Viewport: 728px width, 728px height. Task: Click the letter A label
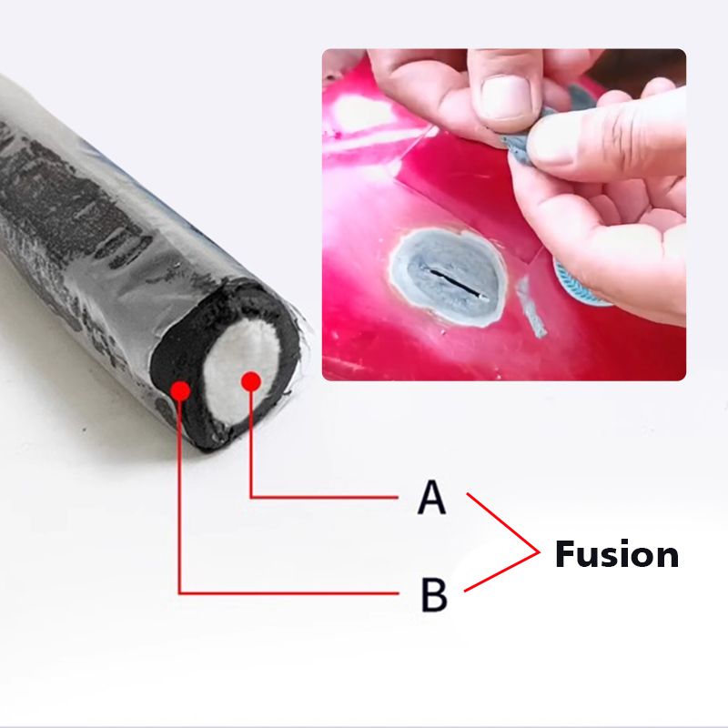pos(432,498)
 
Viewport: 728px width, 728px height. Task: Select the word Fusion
pos(616,554)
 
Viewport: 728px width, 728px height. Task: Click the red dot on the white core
pos(251,381)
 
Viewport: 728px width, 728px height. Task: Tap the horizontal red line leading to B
pos(291,593)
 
